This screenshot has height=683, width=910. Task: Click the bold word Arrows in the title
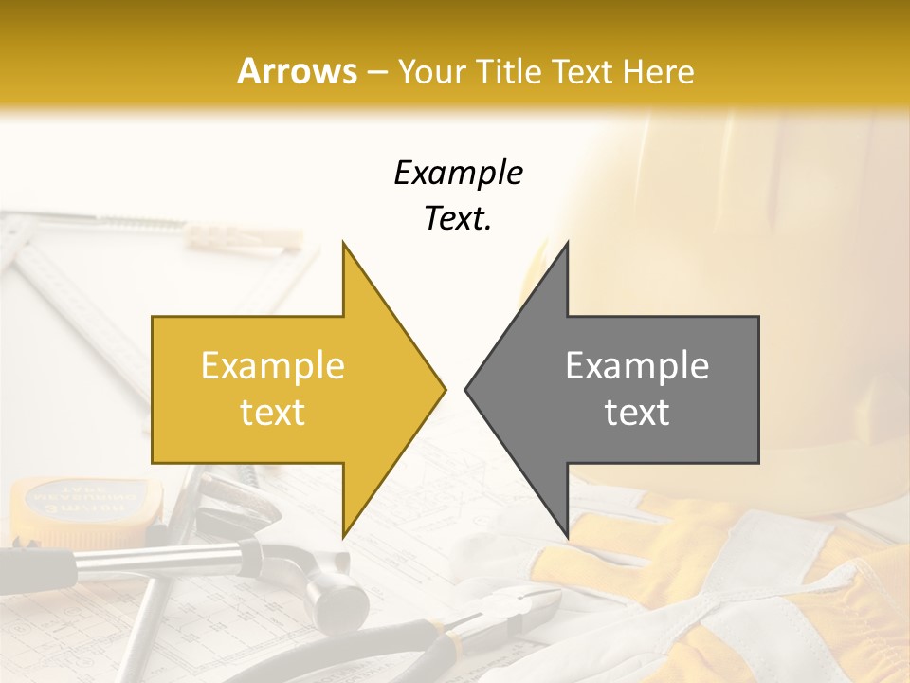(298, 71)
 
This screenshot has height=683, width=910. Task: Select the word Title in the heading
(508, 71)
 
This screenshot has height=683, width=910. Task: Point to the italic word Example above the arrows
(458, 173)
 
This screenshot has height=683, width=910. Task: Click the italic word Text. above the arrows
(458, 219)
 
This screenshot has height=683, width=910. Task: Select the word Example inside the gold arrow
(272, 366)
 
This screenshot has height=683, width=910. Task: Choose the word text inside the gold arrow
(272, 413)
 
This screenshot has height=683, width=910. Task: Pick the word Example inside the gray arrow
(637, 366)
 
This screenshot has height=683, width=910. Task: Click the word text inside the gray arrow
(637, 413)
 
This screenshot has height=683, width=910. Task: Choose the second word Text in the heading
(582, 71)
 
